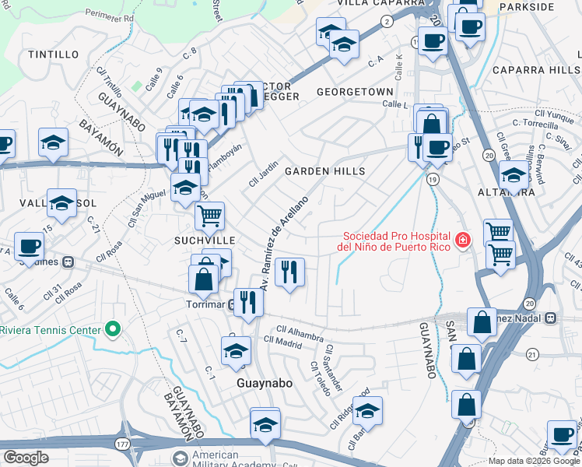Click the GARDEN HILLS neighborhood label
tap(324, 170)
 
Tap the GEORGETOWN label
tap(355, 92)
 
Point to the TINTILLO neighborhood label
tap(53, 54)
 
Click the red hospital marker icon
tap(463, 240)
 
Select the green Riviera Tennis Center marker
tap(114, 330)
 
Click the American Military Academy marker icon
tap(181, 457)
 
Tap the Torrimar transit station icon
tap(233, 304)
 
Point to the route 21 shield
tap(532, 354)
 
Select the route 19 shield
tap(433, 179)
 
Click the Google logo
tap(26, 458)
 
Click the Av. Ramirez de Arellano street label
tap(285, 242)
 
